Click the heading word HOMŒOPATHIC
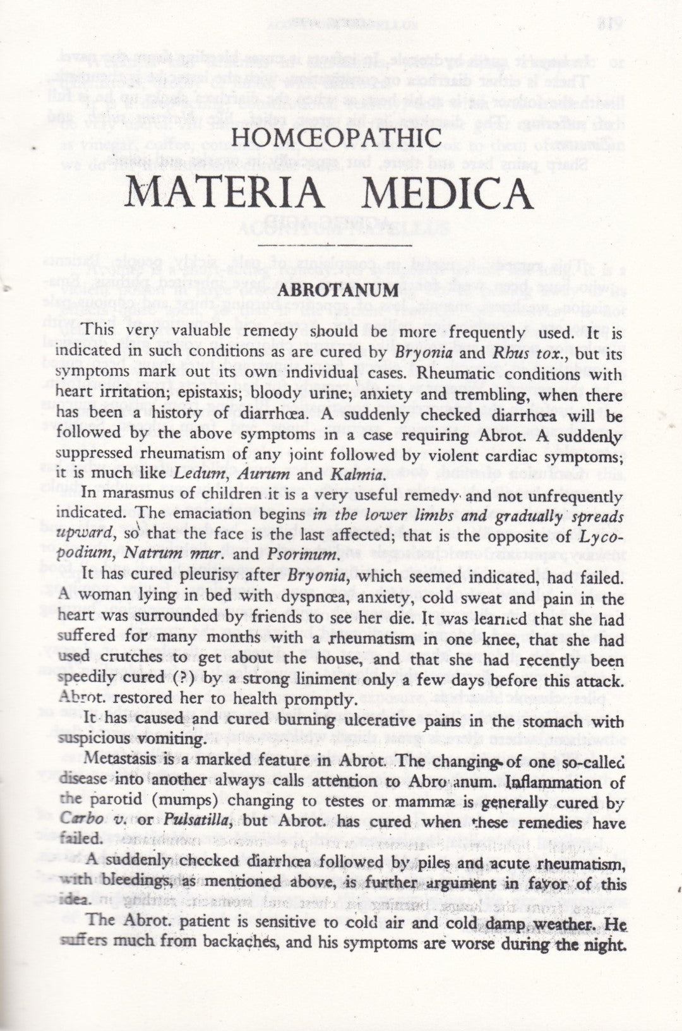coord(341,138)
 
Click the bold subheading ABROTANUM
coord(341,291)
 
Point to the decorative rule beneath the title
coord(341,243)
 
